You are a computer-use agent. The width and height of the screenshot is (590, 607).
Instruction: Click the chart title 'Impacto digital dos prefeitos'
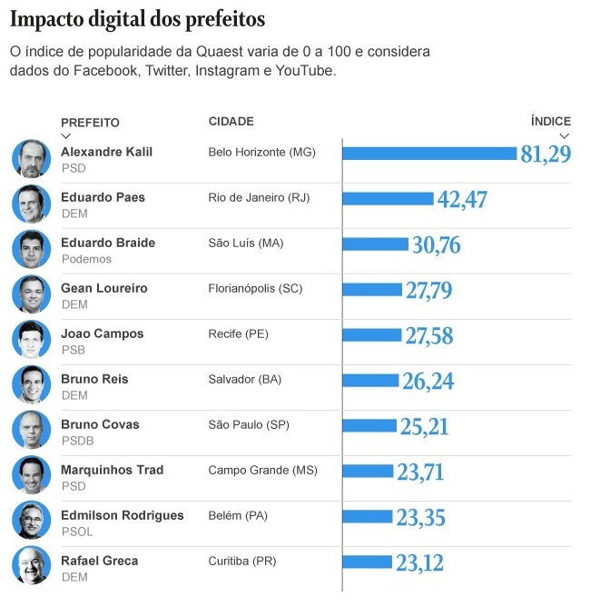[138, 18]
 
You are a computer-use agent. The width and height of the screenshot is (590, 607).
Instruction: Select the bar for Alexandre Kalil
[429, 154]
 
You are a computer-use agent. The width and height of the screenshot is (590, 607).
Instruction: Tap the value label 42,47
[462, 199]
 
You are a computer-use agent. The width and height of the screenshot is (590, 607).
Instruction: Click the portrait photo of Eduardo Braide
[31, 249]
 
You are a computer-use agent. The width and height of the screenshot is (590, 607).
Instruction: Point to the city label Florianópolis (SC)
[255, 288]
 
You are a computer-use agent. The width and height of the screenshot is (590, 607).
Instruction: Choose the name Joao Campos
[102, 333]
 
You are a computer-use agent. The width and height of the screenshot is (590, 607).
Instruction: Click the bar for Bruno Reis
[370, 381]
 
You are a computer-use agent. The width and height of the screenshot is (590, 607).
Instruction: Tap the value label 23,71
[421, 472]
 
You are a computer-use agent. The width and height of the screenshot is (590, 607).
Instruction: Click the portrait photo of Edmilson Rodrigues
[31, 522]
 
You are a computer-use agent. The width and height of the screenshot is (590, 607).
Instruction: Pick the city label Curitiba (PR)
[242, 561]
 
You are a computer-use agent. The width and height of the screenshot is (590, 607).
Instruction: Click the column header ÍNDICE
[550, 121]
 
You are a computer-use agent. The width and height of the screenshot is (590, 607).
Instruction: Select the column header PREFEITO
[90, 123]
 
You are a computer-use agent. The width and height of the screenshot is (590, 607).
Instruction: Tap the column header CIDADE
[231, 121]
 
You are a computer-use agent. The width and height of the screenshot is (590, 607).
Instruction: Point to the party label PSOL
[77, 532]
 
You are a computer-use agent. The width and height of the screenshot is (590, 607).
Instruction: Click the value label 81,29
[546, 154]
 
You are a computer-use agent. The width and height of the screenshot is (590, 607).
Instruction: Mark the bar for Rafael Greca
[368, 562]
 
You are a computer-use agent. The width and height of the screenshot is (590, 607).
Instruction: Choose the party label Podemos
[86, 259]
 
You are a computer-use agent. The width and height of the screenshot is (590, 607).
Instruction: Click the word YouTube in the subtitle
[305, 70]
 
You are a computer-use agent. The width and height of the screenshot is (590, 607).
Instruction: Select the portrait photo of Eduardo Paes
[31, 204]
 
